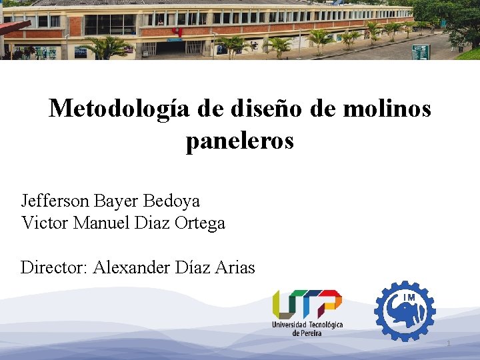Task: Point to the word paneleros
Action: [x=239, y=141]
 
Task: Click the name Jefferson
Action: [x=56, y=201]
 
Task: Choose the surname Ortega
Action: [x=200, y=223]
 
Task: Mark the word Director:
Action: [x=55, y=268]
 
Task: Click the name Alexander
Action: [x=132, y=268]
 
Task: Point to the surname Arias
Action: [x=233, y=268]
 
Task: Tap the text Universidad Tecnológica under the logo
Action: [x=307, y=325]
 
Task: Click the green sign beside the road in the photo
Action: [x=420, y=51]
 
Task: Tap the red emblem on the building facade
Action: [x=177, y=31]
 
